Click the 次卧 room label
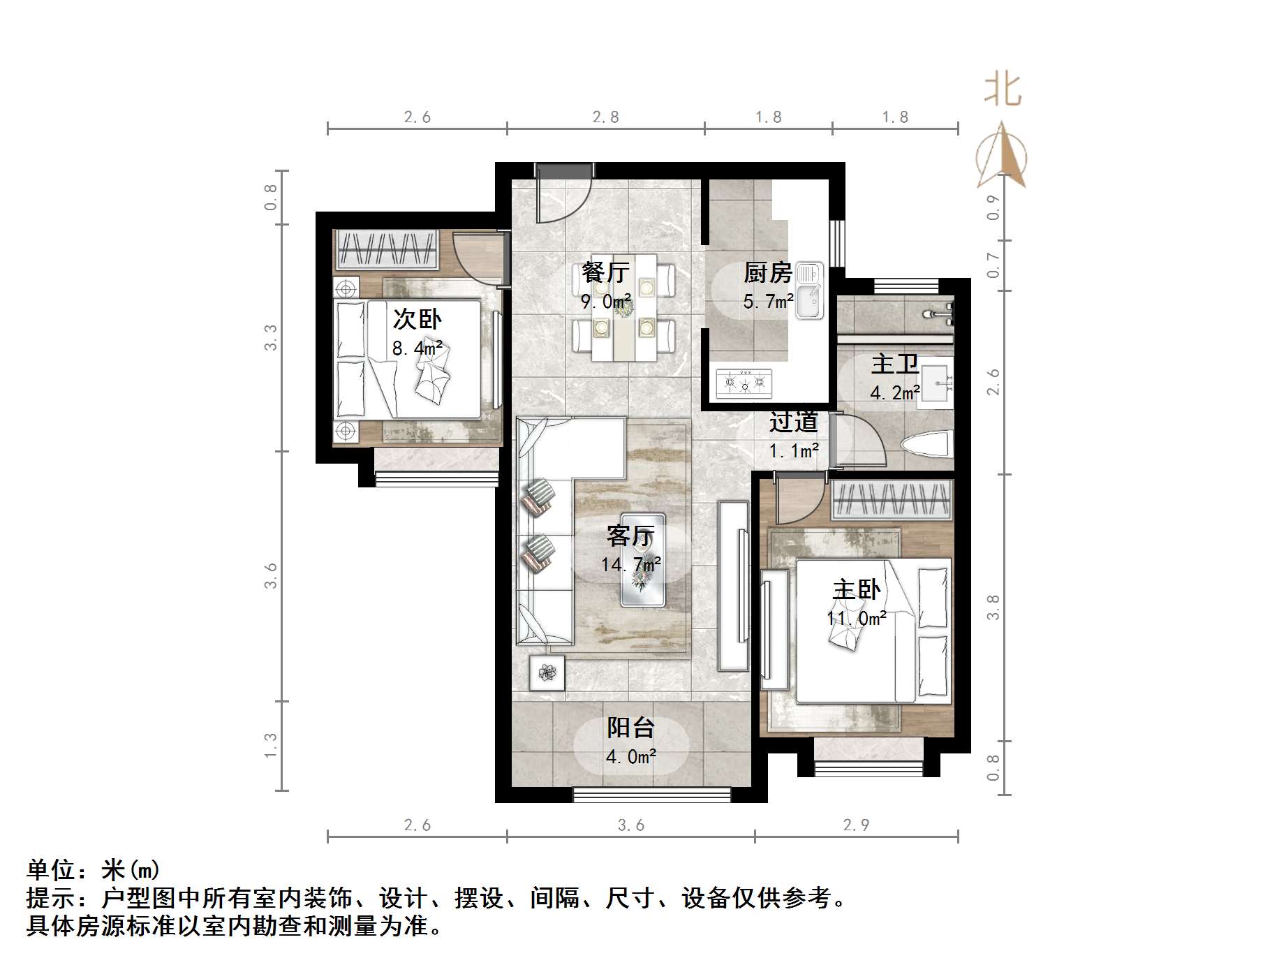417,319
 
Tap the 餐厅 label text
605,272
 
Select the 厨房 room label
767,272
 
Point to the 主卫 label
894,364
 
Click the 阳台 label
630,728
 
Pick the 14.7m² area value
631,563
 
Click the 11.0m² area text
857,619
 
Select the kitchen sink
810,290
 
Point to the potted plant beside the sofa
547,673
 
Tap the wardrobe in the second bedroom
387,250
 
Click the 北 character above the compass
1003,90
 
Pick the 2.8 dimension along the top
605,117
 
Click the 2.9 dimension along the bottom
856,825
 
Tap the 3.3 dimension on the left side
270,338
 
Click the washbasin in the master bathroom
936,383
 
